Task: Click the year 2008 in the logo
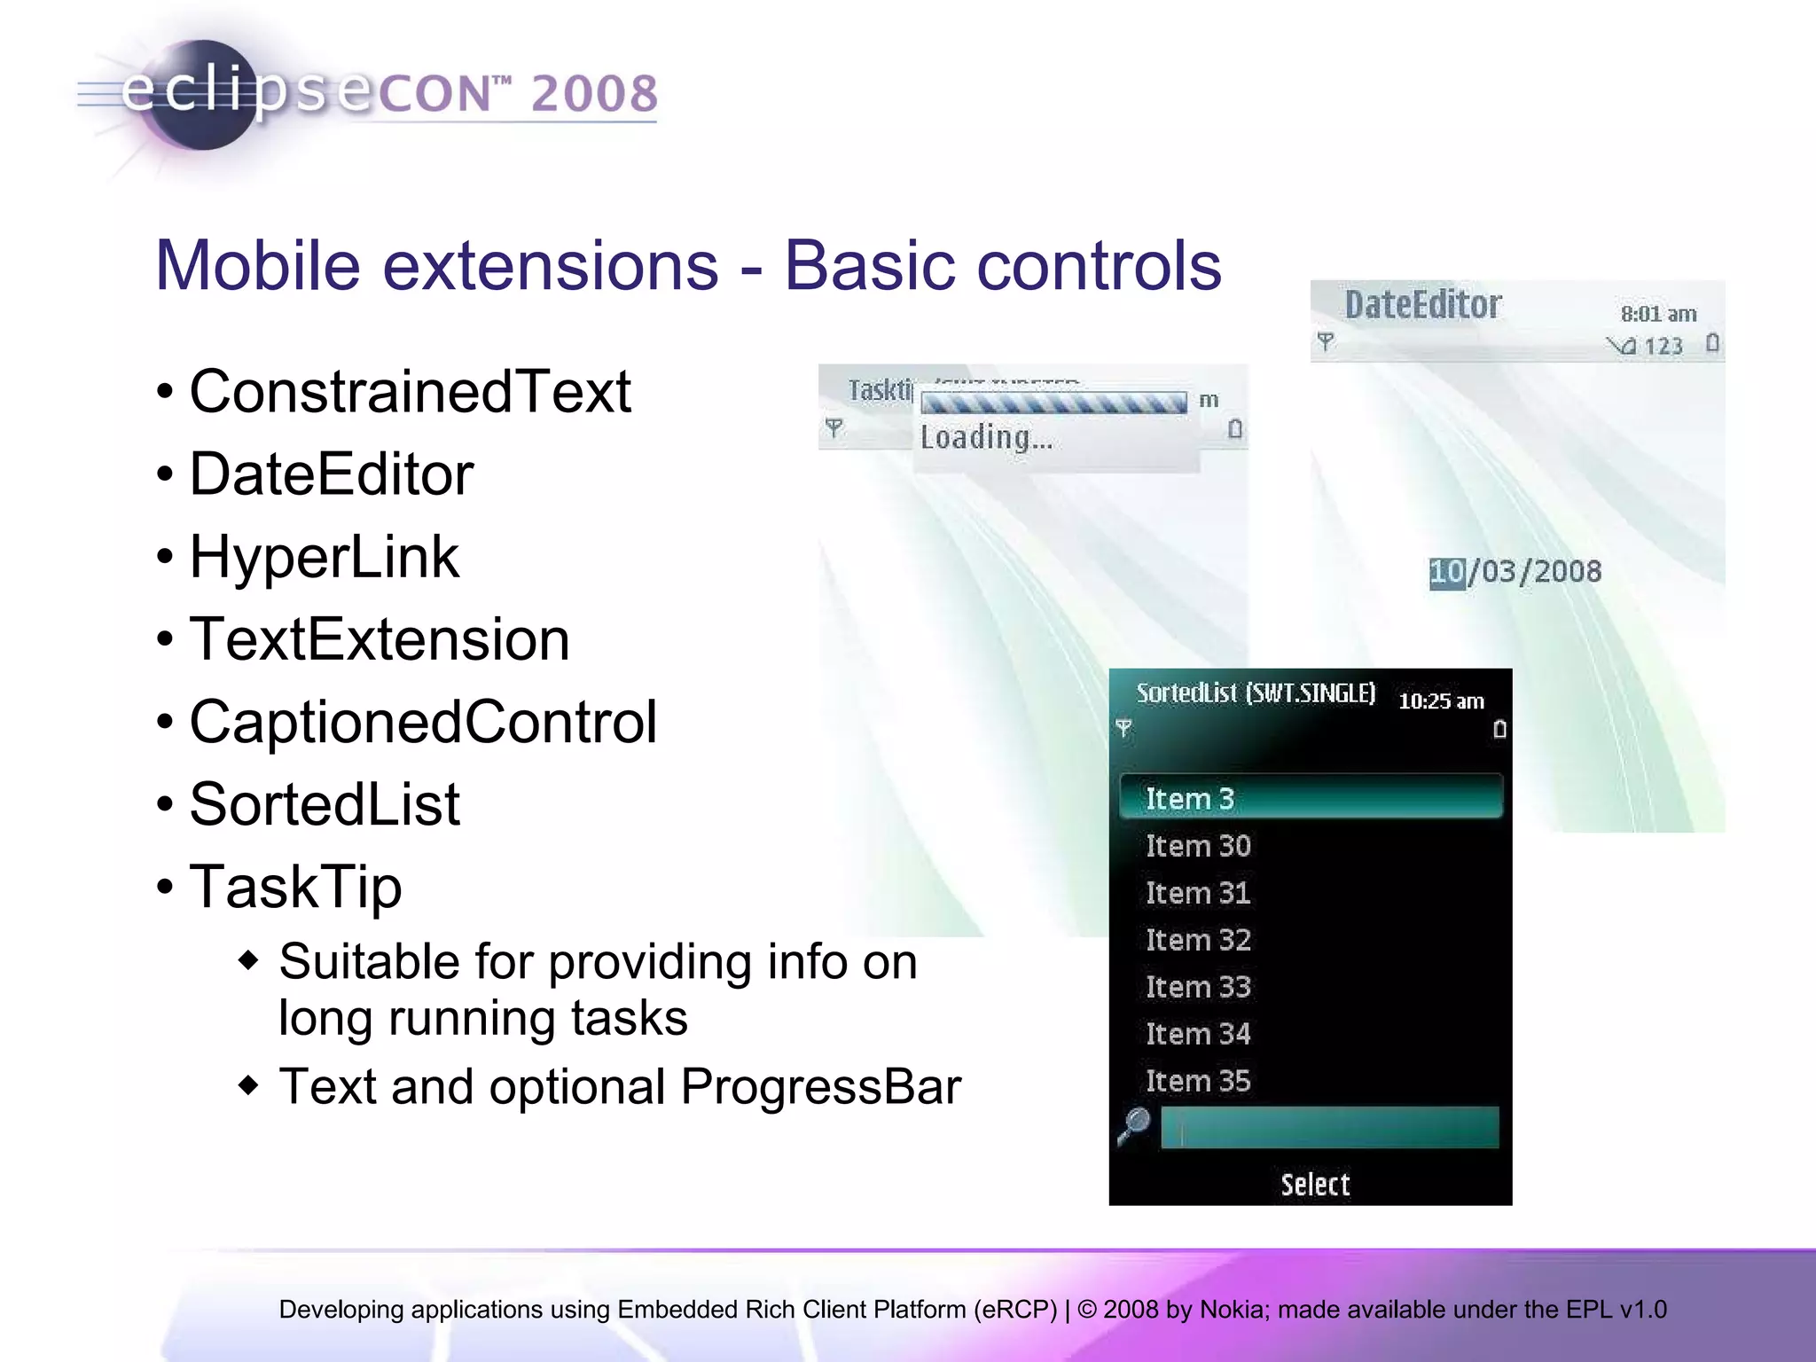tap(594, 94)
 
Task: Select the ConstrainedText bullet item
tap(410, 391)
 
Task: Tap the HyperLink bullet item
tap(325, 557)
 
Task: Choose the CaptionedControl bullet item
tap(423, 722)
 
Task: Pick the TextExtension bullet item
tap(380, 639)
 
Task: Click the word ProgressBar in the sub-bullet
tap(821, 1086)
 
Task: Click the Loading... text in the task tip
tap(986, 438)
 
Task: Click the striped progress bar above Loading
tap(1053, 403)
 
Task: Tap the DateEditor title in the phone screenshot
tap(1422, 305)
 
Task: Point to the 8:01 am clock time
tap(1658, 314)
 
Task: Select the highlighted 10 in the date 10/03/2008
tap(1446, 572)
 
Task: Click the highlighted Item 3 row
tap(1311, 797)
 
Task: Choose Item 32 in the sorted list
tap(1198, 940)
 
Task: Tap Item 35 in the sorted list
tap(1198, 1081)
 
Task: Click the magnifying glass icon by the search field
tap(1134, 1126)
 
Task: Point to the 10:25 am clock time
tap(1441, 701)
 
